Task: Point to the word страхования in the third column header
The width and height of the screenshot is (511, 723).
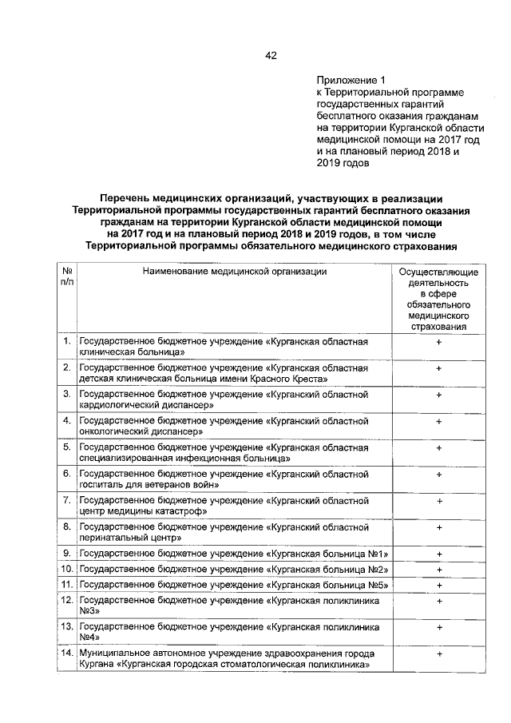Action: [438, 327]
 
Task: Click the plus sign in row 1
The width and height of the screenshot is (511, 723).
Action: [439, 342]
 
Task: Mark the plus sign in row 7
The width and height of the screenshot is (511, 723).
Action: [439, 501]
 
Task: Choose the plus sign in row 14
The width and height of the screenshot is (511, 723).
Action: [439, 654]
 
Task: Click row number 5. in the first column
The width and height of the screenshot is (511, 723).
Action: [67, 447]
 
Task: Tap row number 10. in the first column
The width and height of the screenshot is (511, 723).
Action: [67, 569]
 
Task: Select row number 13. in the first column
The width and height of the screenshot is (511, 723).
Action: [67, 628]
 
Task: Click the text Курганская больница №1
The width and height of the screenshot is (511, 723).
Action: [330, 554]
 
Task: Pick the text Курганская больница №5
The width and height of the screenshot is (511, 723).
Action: [330, 584]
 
